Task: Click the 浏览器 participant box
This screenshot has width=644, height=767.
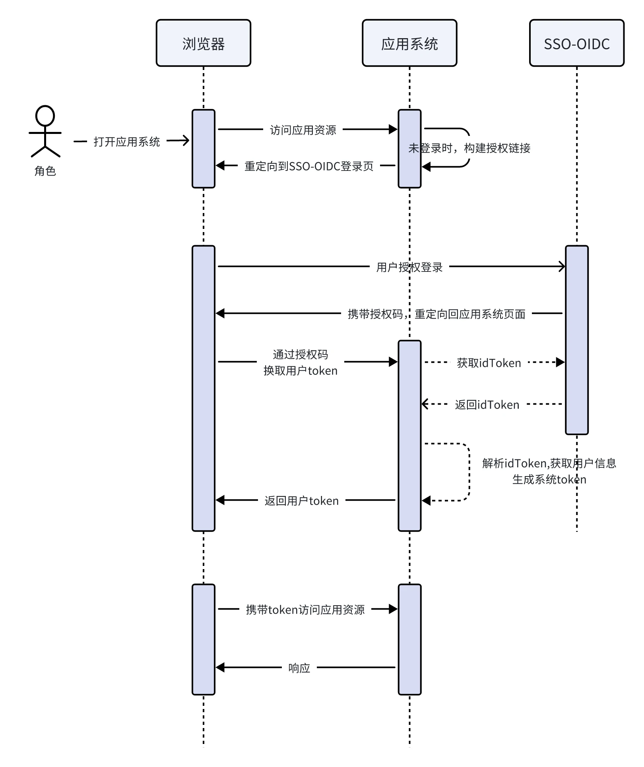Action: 203,43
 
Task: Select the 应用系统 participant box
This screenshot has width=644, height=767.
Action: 409,43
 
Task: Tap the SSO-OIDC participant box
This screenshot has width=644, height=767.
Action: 576,43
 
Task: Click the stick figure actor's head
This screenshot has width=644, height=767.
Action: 45,116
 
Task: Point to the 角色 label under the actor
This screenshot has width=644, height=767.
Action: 45,171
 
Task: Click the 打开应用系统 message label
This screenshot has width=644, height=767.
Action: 126,141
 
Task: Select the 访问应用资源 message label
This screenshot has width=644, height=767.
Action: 303,130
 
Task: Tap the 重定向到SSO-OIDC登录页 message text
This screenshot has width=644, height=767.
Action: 309,166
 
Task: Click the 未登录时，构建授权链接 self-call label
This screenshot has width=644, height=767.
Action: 469,148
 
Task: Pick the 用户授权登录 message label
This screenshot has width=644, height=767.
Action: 409,267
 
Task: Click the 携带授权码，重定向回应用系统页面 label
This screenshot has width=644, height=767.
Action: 436,314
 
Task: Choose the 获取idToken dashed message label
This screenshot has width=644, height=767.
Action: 489,363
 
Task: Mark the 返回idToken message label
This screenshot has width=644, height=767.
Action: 487,405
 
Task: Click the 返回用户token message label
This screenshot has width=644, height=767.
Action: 301,501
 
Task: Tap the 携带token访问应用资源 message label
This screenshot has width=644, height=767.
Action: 305,610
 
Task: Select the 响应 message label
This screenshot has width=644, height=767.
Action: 299,668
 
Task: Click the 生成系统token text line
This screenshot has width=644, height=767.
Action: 549,480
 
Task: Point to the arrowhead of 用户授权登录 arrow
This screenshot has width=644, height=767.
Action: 562,266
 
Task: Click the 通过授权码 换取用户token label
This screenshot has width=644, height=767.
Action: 300,362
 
